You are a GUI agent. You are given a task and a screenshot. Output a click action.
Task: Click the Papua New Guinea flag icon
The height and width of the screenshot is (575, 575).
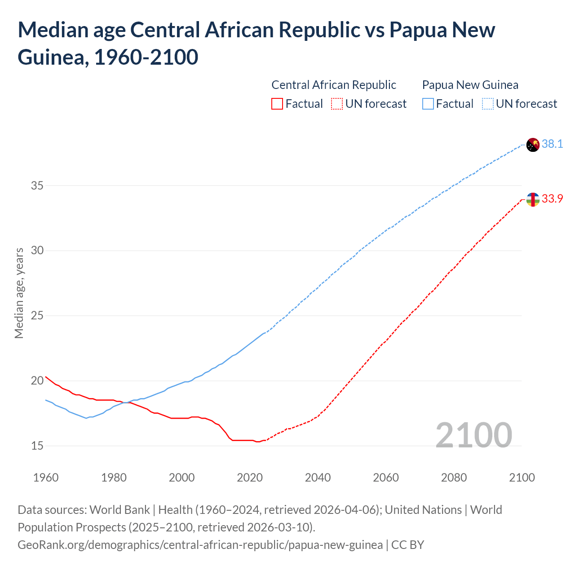tap(532, 145)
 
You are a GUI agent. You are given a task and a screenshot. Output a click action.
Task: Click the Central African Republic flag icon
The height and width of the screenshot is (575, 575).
tap(532, 199)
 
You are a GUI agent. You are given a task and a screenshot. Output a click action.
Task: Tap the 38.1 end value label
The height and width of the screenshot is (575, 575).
tap(552, 144)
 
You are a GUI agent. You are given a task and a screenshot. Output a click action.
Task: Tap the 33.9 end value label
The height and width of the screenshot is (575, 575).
tap(552, 199)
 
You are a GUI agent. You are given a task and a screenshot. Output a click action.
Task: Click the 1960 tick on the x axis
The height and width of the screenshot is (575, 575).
tap(46, 478)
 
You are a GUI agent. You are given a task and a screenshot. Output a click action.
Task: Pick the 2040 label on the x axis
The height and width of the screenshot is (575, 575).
tap(318, 478)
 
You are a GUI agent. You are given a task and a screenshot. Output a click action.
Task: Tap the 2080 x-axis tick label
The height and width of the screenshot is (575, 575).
tap(454, 478)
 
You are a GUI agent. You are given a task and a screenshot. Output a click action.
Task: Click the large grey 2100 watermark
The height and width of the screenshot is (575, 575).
tap(473, 435)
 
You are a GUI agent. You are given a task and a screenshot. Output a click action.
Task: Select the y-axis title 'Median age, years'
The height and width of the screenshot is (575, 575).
tap(19, 293)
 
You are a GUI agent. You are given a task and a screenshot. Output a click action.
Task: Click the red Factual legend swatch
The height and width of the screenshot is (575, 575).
tap(277, 104)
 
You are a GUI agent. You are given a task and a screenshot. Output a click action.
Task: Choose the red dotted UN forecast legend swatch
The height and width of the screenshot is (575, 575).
tap(336, 104)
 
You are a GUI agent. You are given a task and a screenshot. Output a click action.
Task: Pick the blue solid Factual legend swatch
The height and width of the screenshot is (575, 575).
tap(428, 104)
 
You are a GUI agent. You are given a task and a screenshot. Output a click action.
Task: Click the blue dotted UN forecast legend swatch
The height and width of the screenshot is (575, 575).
tap(487, 104)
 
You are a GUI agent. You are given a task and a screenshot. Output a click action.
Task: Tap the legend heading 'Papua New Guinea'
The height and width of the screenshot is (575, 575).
tap(470, 85)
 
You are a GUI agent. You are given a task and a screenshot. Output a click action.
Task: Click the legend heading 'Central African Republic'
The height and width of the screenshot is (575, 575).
tap(334, 85)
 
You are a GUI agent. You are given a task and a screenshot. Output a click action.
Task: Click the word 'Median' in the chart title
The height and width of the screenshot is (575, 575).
tap(52, 30)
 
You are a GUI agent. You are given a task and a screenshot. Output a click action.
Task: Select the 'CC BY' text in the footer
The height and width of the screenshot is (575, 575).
tap(407, 545)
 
